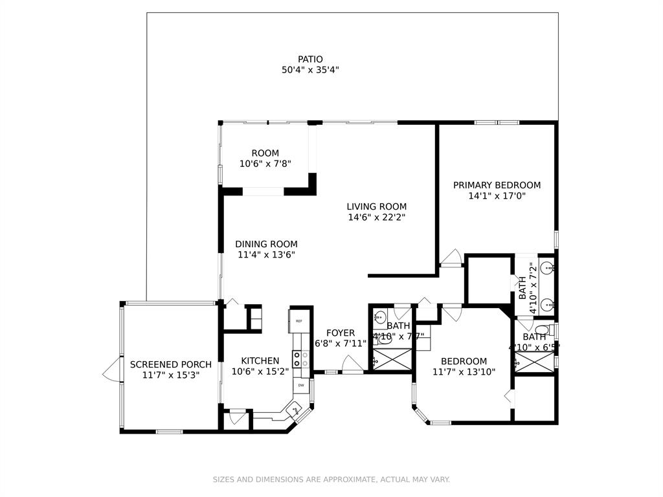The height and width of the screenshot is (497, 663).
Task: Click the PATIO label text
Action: point(310,60)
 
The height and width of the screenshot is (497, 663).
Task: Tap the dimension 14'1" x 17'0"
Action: point(497,195)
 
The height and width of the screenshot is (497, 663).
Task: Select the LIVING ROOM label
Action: point(376,207)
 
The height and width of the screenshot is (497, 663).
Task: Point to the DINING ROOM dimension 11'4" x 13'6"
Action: point(266,254)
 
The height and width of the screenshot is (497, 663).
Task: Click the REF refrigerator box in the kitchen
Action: point(299,321)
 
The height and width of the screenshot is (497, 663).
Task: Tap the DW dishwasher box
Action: point(301,386)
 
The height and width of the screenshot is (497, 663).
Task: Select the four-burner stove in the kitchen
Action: point(300,359)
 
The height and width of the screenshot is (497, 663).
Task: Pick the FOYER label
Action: point(340,333)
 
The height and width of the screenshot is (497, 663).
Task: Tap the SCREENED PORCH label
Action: point(170,364)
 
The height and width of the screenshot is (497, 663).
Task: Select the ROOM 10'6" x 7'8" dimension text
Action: point(265,164)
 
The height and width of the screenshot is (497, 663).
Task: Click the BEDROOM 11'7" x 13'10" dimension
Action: point(464,371)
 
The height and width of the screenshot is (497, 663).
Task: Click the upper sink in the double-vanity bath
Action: point(548,267)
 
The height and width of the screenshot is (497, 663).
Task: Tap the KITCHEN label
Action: point(260,361)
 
